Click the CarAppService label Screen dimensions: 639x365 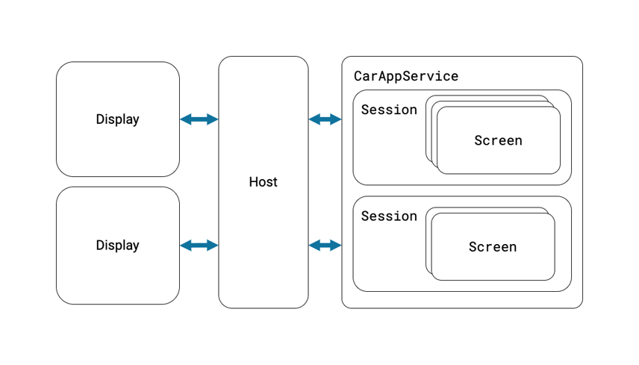click(x=406, y=77)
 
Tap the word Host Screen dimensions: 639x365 click(x=264, y=181)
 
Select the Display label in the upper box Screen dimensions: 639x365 click(x=118, y=119)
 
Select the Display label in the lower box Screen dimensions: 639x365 click(x=118, y=246)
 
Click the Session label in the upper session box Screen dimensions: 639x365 click(x=389, y=110)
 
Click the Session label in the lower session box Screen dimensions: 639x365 click(x=389, y=216)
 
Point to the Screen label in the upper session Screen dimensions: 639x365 click(x=498, y=140)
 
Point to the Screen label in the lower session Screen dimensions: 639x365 click(x=492, y=247)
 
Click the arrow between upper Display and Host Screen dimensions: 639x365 click(x=199, y=119)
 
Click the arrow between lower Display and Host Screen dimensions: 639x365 click(x=199, y=246)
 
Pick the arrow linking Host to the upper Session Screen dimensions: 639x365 click(x=325, y=119)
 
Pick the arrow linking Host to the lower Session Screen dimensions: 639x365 click(x=325, y=246)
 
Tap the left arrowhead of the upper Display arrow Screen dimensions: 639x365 click(x=185, y=119)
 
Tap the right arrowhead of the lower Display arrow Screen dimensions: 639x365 click(x=213, y=246)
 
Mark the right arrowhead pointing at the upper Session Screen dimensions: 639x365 click(x=336, y=119)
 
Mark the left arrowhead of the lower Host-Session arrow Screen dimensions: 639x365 click(x=314, y=246)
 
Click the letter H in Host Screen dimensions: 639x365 click(x=253, y=181)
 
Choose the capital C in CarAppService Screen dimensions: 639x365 click(x=358, y=76)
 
